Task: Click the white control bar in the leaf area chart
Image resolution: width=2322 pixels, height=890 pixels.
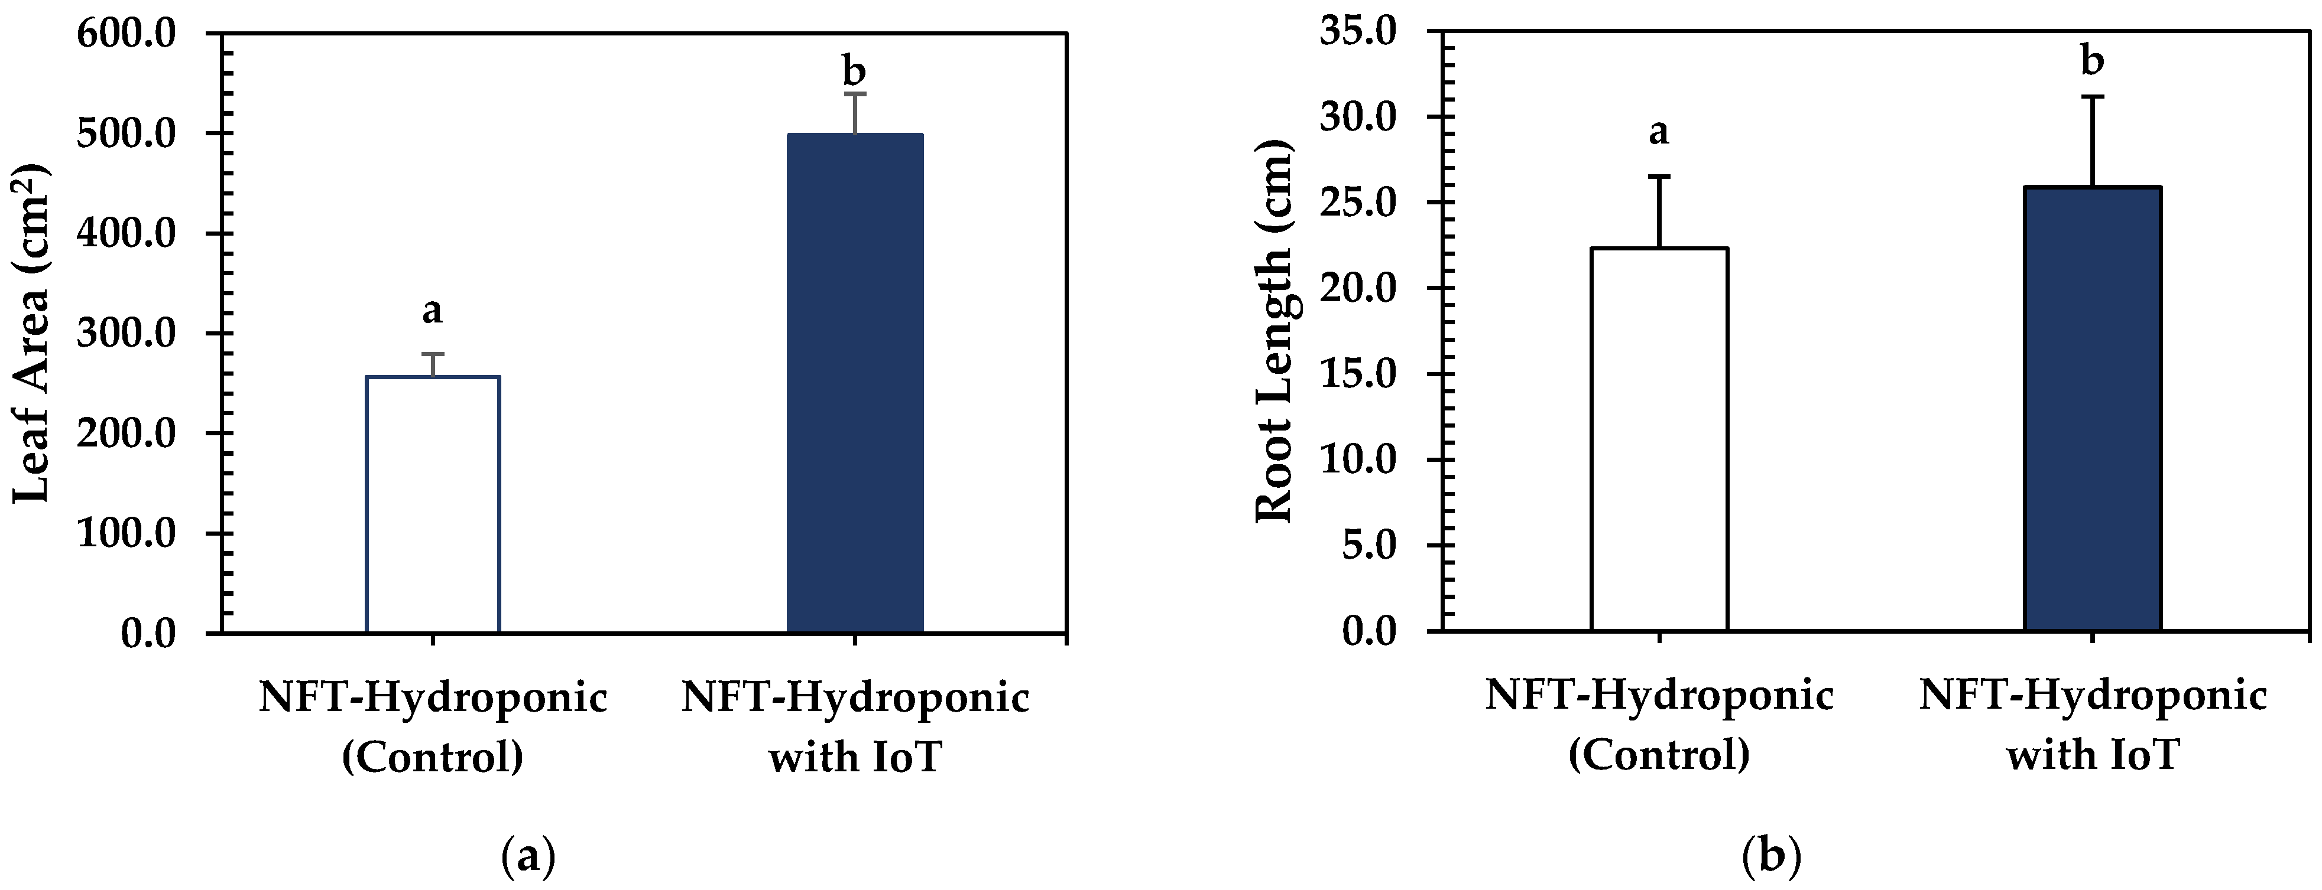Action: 433,504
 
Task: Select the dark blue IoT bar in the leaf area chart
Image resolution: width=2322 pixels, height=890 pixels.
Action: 855,383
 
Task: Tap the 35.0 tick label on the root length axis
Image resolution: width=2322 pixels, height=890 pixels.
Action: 1357,32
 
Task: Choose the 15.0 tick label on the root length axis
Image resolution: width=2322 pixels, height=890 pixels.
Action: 1357,375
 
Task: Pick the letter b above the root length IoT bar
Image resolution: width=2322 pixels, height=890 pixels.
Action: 2092,61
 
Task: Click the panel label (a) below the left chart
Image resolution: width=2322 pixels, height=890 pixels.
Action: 527,856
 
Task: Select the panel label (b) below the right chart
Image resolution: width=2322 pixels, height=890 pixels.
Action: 1772,856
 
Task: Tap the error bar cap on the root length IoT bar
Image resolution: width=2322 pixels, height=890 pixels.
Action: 2092,96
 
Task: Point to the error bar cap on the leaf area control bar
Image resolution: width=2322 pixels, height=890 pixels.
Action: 433,354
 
